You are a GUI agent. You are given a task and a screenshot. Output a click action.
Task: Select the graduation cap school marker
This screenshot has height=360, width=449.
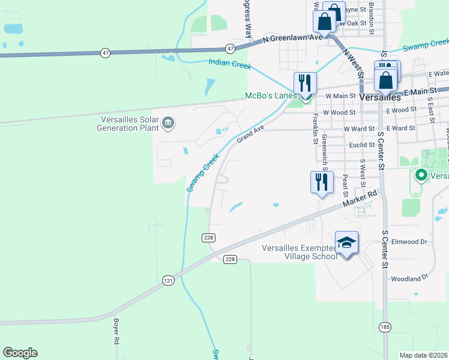pos(346,243)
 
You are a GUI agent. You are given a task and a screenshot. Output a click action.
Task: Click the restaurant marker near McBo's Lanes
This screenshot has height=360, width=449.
pos(305,83)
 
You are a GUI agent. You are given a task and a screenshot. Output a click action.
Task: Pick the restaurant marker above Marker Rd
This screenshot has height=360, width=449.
pos(321,182)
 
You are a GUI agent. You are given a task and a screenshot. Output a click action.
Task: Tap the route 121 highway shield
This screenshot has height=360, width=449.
pos(168,280)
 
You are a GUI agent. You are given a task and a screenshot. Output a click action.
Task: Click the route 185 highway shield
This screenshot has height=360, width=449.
pos(384,326)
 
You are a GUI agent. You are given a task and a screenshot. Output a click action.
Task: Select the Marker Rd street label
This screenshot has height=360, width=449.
pos(360,200)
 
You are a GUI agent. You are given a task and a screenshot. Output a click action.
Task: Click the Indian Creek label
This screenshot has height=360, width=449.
pos(229,63)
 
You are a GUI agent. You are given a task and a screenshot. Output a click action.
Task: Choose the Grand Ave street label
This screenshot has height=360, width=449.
pos(250,134)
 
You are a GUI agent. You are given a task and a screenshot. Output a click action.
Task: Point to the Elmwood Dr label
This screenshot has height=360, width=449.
pos(408,242)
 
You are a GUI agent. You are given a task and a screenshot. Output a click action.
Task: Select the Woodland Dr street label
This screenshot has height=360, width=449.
pos(408,278)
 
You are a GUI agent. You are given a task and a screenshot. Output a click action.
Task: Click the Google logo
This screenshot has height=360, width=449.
pos(20,353)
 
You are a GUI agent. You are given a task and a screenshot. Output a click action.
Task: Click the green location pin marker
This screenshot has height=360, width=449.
pos(421,175)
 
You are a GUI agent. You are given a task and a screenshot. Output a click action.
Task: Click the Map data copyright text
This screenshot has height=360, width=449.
pos(424,355)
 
